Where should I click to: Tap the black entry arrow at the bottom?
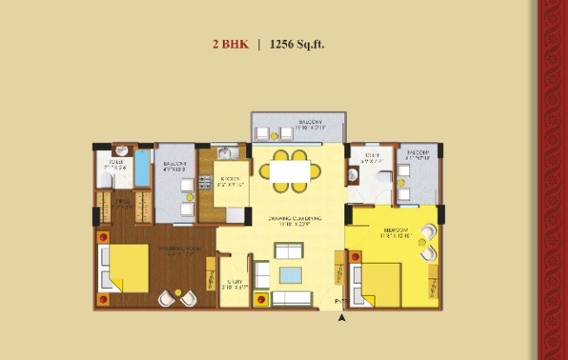[342, 318]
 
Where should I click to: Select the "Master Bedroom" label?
[175, 252]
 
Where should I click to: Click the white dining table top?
[287, 171]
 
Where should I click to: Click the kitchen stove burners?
[206, 183]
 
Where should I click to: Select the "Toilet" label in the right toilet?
[370, 160]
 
